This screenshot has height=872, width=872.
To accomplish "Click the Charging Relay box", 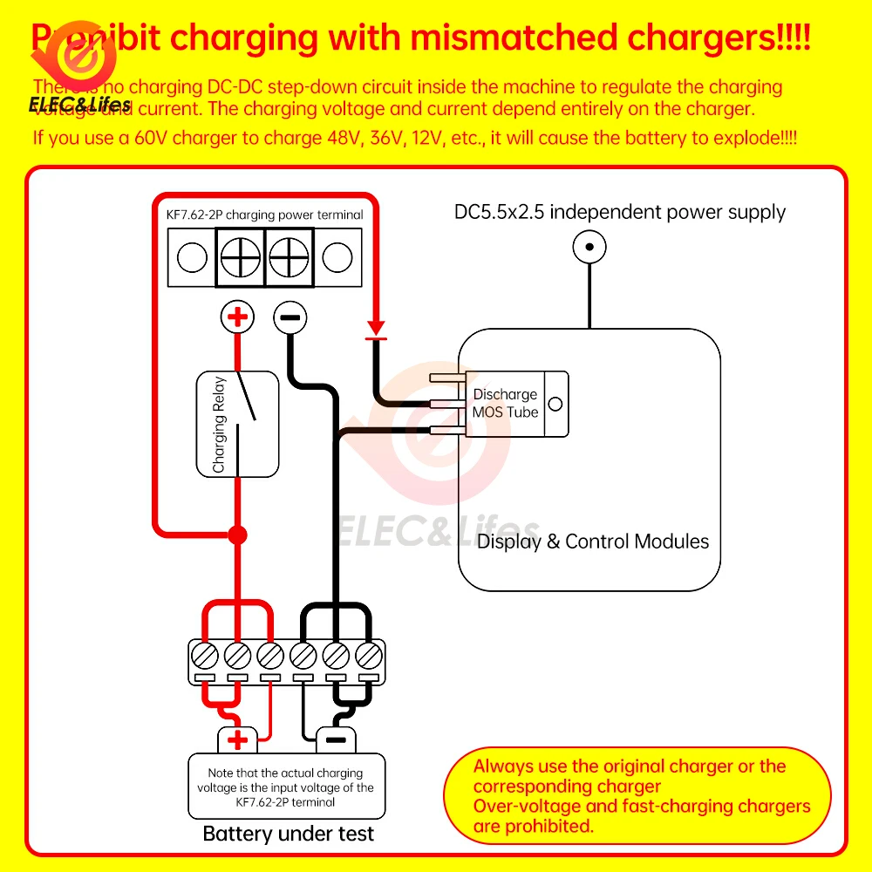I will [x=236, y=424].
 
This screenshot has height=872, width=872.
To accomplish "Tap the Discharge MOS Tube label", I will [x=505, y=403].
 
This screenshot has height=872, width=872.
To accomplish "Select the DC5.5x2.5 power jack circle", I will [x=589, y=248].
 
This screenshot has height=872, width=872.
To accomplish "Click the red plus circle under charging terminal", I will [x=236, y=317].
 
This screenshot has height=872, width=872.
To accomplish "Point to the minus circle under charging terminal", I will [x=290, y=317].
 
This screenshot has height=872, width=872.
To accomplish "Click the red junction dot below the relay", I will [x=236, y=534].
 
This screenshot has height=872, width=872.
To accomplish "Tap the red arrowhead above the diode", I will [x=376, y=327].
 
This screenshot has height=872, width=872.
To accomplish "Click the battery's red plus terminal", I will [x=237, y=741].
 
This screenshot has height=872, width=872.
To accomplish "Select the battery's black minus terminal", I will [x=336, y=741].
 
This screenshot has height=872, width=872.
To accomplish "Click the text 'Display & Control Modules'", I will [x=593, y=542].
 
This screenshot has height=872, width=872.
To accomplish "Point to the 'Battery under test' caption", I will [x=288, y=834].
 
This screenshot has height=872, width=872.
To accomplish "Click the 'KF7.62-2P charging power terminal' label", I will [x=264, y=215].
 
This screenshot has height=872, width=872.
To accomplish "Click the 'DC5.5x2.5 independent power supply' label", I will [x=620, y=212].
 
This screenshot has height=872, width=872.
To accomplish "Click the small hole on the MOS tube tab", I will [x=555, y=404].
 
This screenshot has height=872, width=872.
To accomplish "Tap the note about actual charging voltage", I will [x=285, y=787].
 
